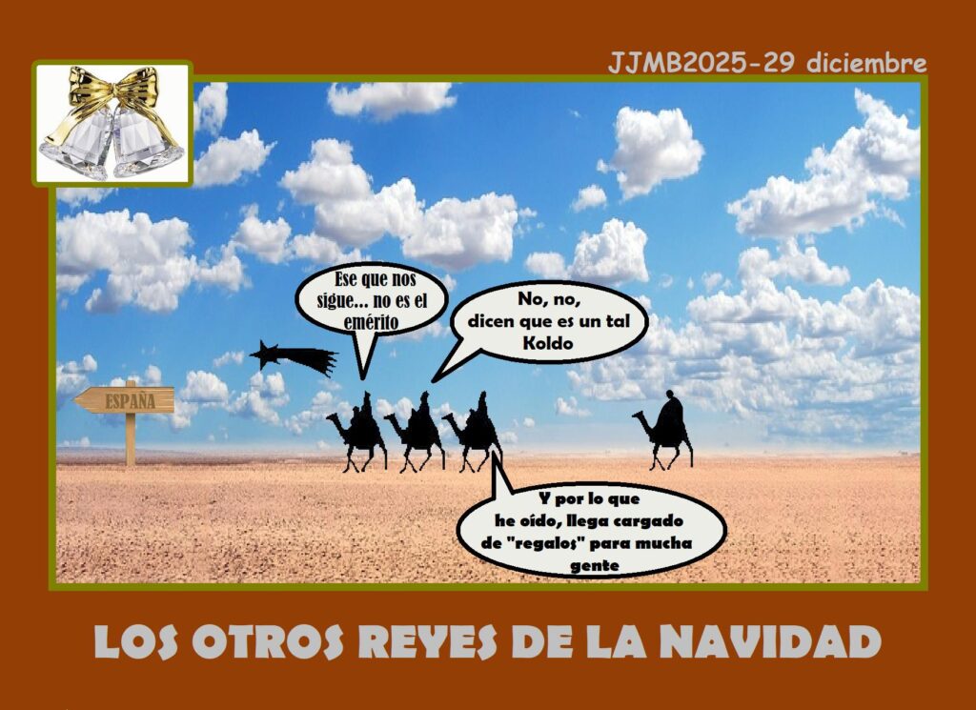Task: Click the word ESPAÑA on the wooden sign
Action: coord(130,401)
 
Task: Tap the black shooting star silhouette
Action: coord(293,357)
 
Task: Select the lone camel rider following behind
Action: coord(663,430)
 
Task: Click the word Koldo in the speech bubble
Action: coord(548,343)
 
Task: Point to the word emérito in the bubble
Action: coord(371,322)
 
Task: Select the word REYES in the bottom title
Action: coord(428,641)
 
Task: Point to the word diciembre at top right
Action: coord(866,63)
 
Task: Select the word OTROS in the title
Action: coord(268,641)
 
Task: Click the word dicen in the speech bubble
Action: coord(489,321)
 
